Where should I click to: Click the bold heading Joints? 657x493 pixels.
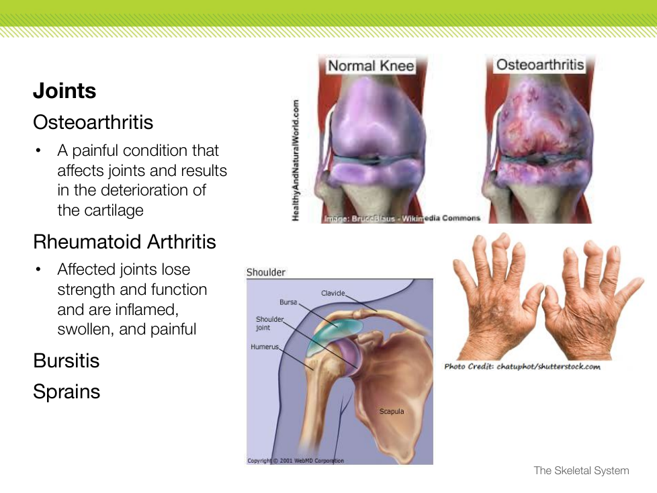pyautogui.click(x=64, y=91)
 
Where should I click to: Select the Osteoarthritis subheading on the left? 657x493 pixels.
pyautogui.click(x=93, y=122)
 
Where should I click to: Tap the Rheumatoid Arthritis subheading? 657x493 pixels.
pyautogui.click(x=124, y=242)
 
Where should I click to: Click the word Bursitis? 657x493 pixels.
pyautogui.click(x=67, y=361)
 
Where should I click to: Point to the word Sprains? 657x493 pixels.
pyautogui.click(x=67, y=392)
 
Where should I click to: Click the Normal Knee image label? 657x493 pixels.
pyautogui.click(x=371, y=66)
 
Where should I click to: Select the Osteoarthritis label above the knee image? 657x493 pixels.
pyautogui.click(x=540, y=64)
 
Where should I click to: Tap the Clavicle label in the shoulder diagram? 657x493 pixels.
pyautogui.click(x=333, y=294)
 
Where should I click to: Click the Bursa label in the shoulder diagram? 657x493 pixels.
pyautogui.click(x=288, y=302)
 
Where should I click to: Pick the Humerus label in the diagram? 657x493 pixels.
pyautogui.click(x=265, y=347)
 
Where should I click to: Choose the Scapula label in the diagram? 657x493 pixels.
pyautogui.click(x=392, y=411)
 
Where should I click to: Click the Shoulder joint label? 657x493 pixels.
pyautogui.click(x=269, y=323)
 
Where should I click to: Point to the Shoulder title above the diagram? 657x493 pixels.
pyautogui.click(x=265, y=272)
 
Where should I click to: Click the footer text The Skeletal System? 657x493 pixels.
pyautogui.click(x=581, y=471)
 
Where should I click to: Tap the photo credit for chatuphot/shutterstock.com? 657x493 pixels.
pyautogui.click(x=522, y=367)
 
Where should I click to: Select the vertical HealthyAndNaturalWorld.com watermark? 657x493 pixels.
pyautogui.click(x=296, y=160)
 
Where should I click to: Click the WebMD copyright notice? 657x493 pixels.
pyautogui.click(x=296, y=461)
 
